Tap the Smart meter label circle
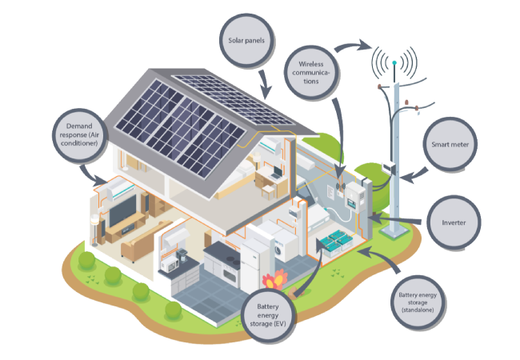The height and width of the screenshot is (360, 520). [x=452, y=146]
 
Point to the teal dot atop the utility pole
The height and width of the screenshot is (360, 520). [x=394, y=61]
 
